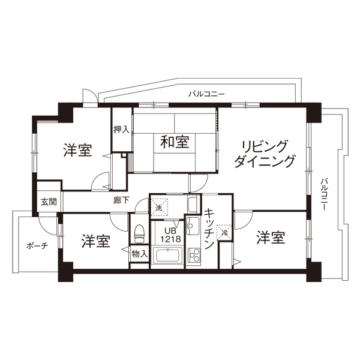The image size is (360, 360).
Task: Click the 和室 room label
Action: pos(175,142)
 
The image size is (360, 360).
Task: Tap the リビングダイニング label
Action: pos(264,154)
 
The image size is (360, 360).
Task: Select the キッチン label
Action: pos(209,229)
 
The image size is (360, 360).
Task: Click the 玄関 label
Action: pos(49,202)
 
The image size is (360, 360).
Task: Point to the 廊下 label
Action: pos(121,200)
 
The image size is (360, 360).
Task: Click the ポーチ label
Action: pos(37,246)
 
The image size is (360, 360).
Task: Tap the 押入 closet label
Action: pos(121,130)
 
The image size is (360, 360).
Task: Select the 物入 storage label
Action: pos(140,254)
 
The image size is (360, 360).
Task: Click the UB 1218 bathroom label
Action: pos(170,235)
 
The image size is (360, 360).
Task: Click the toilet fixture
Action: pos(139,233)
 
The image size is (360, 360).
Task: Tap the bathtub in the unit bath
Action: pos(167,256)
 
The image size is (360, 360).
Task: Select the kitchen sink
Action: pos(193,226)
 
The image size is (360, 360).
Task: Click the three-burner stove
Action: pos(194,255)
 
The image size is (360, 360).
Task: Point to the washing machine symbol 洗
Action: pos(159,208)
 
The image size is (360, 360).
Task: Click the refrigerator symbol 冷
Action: pos(224,232)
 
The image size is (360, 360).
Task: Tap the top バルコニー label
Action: pos(206,94)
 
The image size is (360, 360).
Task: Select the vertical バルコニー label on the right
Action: pos(324,194)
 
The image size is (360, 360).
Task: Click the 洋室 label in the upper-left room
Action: pos(77,150)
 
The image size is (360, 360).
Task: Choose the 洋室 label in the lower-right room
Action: pos(271,238)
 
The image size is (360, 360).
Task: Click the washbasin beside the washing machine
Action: pos(192,203)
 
